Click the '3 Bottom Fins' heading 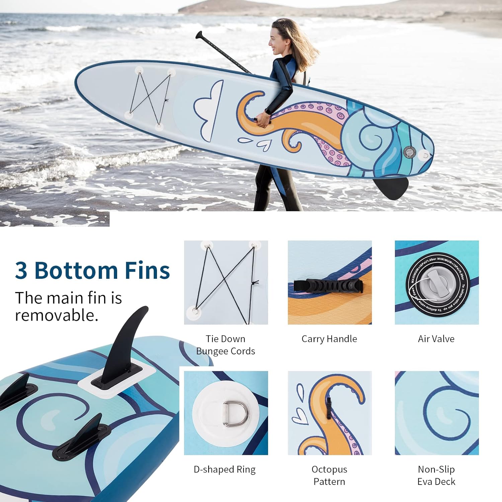coord(92,270)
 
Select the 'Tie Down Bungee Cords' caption coord(226,345)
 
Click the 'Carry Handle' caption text coord(329,339)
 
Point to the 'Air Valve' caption coord(436,339)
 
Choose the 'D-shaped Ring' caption coord(225,470)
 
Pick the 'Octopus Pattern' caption coord(329,475)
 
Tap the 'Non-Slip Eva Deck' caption coord(436,475)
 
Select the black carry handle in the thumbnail coord(328,286)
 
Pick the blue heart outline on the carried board coord(263,145)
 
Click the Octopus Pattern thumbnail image coord(330,413)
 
